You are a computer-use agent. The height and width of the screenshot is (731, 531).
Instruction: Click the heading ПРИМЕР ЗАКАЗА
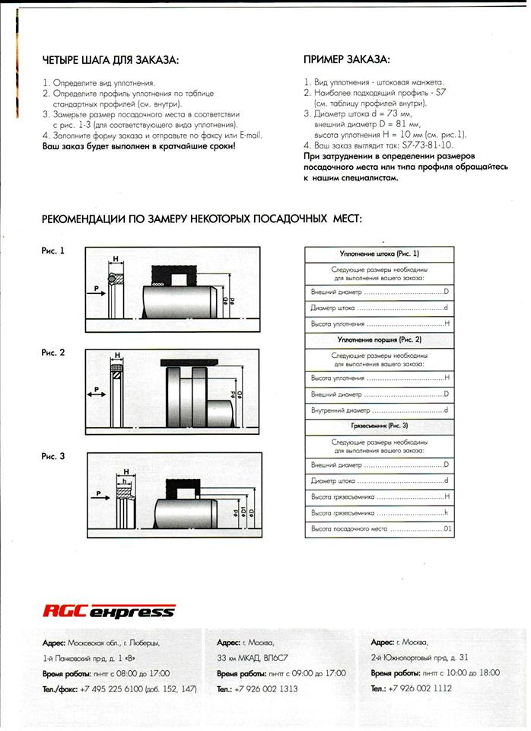coord(346,59)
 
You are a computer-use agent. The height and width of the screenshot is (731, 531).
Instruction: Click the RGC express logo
coord(109,611)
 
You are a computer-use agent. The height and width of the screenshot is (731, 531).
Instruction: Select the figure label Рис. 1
coord(53,251)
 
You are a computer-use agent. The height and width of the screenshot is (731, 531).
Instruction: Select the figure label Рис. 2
coord(53,353)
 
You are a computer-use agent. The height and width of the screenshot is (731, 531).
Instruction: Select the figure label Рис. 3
coord(53,455)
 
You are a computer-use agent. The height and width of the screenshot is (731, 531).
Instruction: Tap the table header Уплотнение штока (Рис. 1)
coord(379,254)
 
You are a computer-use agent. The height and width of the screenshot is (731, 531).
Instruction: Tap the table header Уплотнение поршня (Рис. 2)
coord(379,339)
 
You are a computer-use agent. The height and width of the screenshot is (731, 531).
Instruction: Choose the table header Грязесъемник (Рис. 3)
coord(379,425)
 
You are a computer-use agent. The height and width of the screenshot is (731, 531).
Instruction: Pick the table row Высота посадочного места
coord(379,528)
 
